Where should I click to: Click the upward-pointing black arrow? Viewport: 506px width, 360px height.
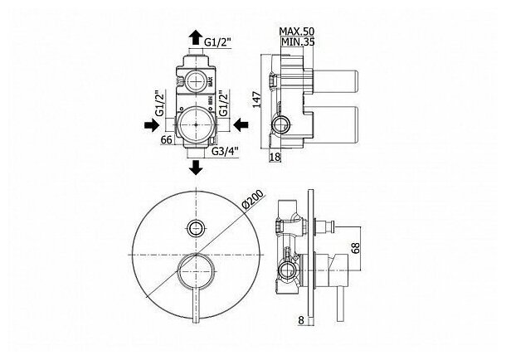[x=196, y=36]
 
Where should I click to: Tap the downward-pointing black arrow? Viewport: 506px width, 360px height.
[x=196, y=168]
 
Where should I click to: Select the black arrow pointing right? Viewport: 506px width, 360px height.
[x=151, y=124]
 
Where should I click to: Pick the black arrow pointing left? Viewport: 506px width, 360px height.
[x=241, y=124]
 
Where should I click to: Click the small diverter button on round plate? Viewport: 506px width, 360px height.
[x=196, y=227]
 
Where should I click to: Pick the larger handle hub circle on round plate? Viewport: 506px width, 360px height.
[x=196, y=270]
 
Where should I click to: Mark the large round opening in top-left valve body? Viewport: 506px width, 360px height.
[x=196, y=124]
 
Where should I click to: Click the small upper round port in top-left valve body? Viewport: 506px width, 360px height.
[x=196, y=80]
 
